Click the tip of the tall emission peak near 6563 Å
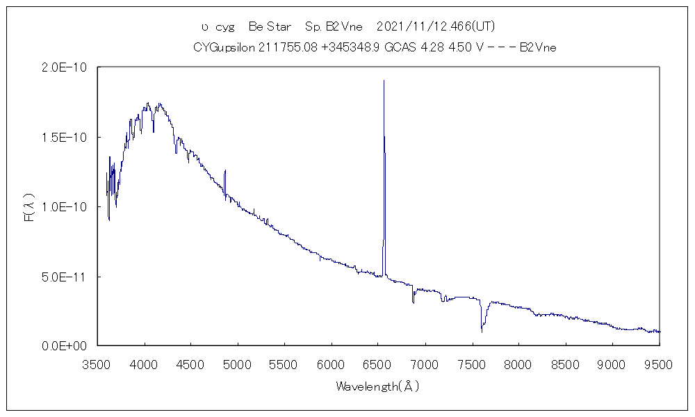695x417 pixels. (x=384, y=81)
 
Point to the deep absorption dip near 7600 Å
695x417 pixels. (x=482, y=331)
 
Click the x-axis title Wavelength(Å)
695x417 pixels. (x=377, y=386)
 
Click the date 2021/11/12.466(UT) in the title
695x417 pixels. (x=435, y=26)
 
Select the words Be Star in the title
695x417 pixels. (x=270, y=26)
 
